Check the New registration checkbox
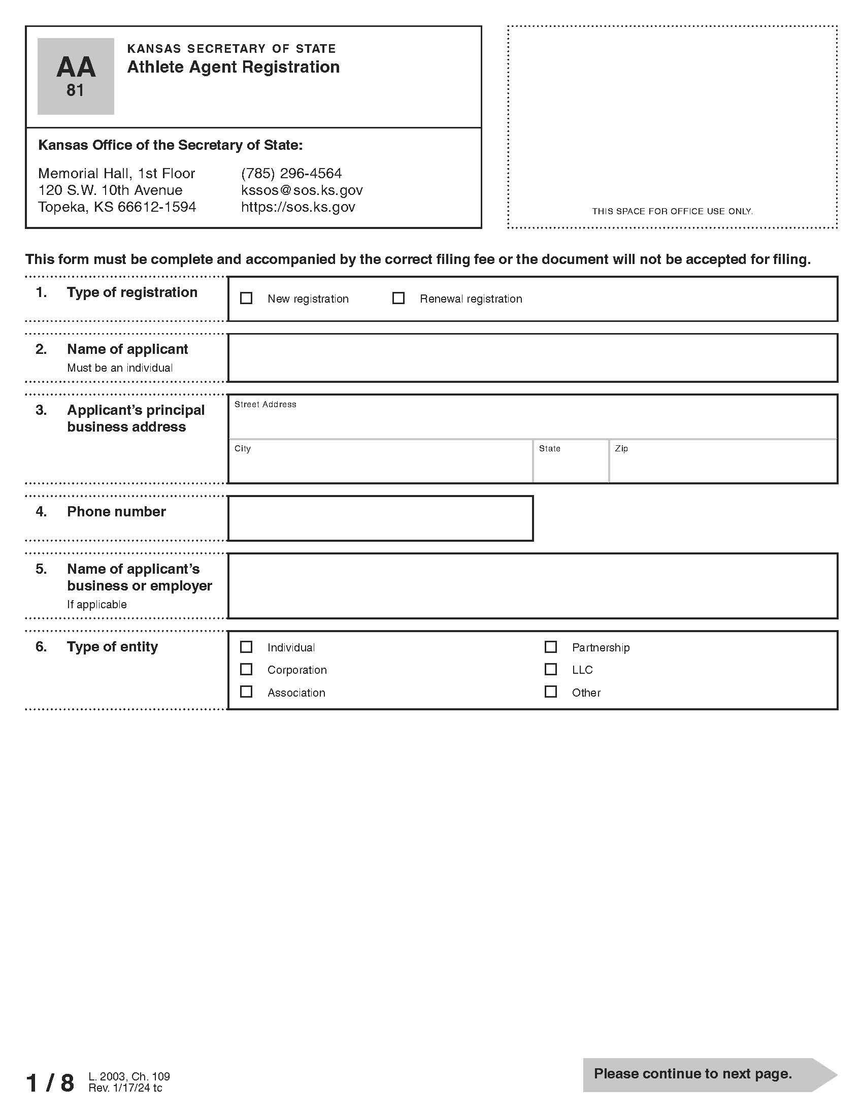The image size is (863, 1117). (246, 298)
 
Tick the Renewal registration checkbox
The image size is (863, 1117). (399, 298)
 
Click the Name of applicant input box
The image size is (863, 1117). (532, 358)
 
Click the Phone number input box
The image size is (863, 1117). (380, 518)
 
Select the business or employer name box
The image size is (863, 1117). (532, 585)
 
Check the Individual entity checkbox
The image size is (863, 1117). (246, 647)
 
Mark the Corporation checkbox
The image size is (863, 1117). (246, 670)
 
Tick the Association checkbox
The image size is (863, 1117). (246, 692)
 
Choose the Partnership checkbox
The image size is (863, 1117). (551, 647)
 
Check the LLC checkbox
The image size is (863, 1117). (551, 670)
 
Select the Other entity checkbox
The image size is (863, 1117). (551, 692)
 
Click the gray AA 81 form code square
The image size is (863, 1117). (76, 76)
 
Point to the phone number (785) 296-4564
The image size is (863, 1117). (291, 173)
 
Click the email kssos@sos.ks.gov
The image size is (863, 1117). (302, 190)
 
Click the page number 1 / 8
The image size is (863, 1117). (50, 1083)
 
